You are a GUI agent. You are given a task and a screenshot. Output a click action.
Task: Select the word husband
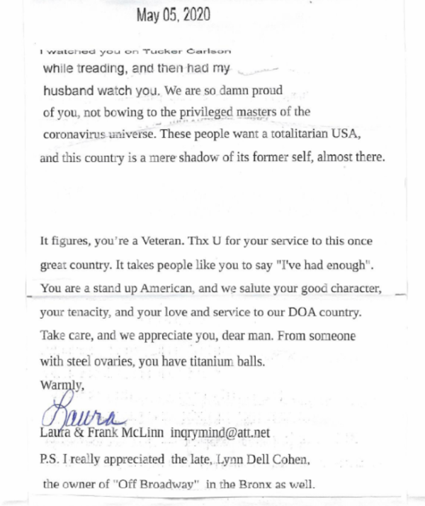point(64,91)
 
